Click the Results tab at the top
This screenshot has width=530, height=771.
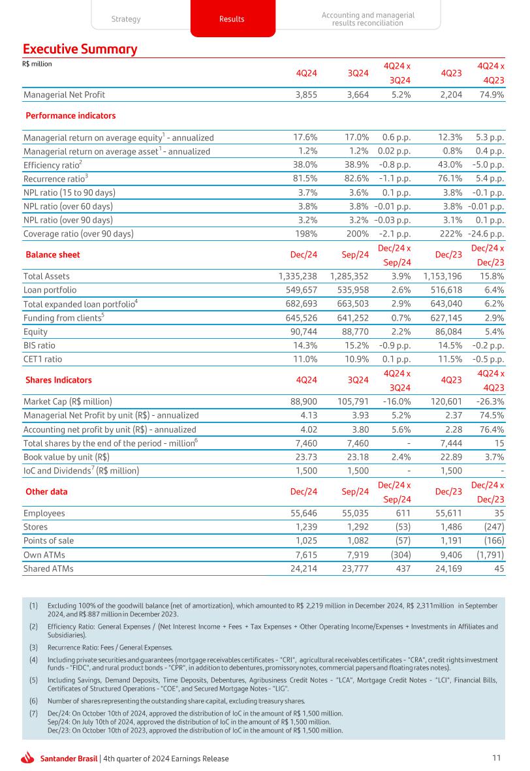coord(232,19)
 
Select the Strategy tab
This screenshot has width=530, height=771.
coord(126,19)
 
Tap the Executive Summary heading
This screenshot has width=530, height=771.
coord(80,49)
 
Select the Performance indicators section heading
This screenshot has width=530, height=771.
coord(70,116)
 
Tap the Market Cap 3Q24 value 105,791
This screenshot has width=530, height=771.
coord(350,401)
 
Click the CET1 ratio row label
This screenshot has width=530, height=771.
coord(43,358)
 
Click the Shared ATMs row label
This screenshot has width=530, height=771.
coord(48,568)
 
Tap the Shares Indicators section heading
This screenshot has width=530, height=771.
coord(59,379)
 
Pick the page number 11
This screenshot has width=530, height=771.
coord(497,758)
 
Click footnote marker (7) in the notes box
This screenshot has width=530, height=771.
coord(33,714)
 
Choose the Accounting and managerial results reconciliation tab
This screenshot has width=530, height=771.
coord(367,19)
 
